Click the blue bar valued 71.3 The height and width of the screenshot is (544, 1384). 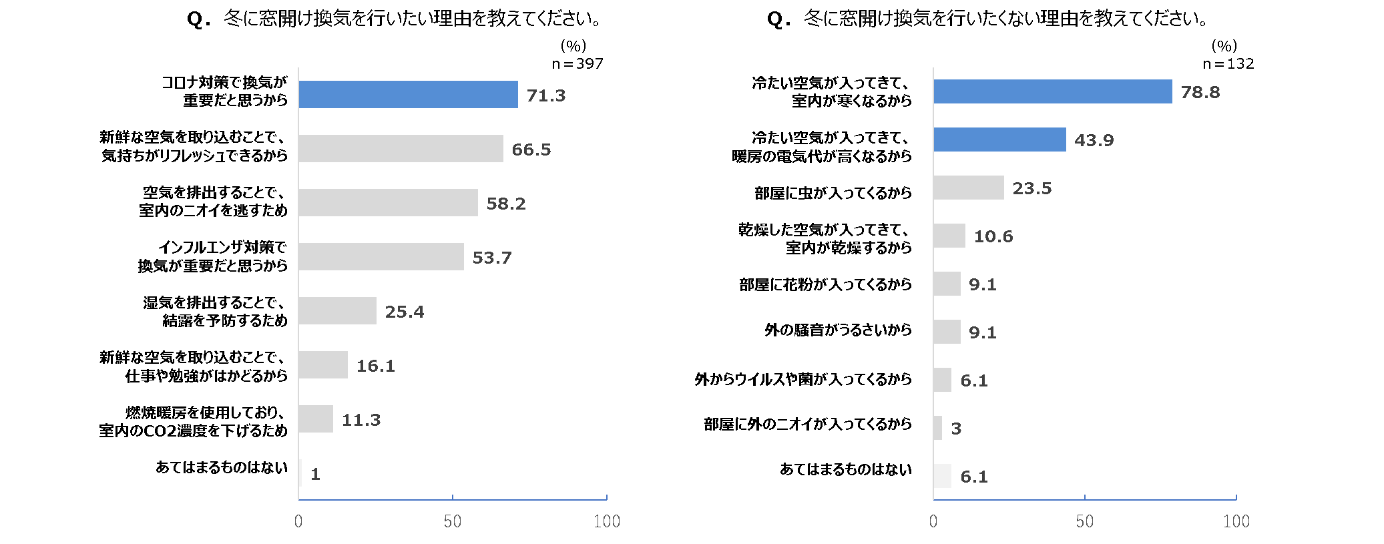(x=408, y=95)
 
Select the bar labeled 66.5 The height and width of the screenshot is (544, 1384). (x=401, y=149)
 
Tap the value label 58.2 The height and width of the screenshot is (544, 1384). (x=506, y=204)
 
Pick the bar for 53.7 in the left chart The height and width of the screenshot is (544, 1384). (x=381, y=257)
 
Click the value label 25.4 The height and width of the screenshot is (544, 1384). (x=405, y=312)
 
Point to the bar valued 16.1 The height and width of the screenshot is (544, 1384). (x=323, y=365)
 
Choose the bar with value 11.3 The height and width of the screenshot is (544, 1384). (x=316, y=419)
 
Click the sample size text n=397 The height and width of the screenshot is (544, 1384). (x=578, y=64)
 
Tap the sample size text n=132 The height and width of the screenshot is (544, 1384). (x=1228, y=64)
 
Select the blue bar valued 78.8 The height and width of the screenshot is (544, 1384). (x=1052, y=91)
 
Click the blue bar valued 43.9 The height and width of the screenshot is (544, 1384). (x=999, y=140)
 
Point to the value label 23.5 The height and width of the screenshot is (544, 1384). (x=1031, y=188)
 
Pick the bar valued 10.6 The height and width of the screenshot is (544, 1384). (x=949, y=236)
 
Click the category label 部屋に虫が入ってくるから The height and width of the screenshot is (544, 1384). (x=833, y=193)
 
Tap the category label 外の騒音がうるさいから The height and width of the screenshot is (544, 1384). (x=838, y=330)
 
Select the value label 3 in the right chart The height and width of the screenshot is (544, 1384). (x=956, y=429)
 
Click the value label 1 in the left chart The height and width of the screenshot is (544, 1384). (x=315, y=474)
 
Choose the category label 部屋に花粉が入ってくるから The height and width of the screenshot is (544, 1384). (x=825, y=284)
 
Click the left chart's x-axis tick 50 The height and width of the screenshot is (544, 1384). (x=453, y=521)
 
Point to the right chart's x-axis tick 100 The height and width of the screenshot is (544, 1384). (x=1236, y=521)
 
